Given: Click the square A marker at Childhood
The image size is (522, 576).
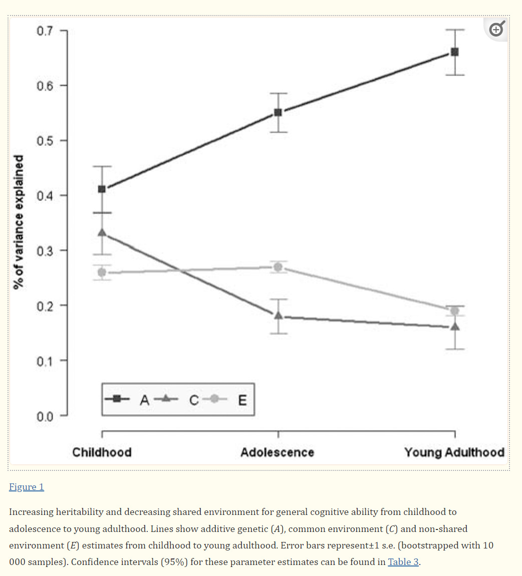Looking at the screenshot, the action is pos(102,189).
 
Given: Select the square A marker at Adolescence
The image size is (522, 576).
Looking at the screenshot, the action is pos(278,113).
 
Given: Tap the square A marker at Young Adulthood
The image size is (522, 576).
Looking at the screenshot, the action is pos(455,52).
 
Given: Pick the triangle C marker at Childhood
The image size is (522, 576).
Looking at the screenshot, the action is pos(102,232).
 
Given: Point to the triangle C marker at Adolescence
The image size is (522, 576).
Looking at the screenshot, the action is pos(279,315).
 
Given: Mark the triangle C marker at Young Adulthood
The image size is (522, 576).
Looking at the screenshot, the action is pos(455,326).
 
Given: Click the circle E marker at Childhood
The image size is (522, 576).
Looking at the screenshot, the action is pos(102,272).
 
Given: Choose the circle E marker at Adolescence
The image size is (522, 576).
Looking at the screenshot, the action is pos(278,267).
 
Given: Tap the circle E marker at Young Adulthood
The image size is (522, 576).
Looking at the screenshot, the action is pos(455,311).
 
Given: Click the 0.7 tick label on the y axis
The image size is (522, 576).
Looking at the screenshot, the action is pos(45,31).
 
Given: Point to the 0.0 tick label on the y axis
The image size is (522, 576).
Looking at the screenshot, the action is pos(45,416).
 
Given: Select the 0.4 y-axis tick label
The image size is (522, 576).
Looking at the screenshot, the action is pos(45,196).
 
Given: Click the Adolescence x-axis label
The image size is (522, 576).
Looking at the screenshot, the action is pos(278,452).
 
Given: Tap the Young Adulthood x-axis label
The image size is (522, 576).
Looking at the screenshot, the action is pos(454,452).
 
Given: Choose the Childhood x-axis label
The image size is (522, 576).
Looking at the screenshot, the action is pos(102,452).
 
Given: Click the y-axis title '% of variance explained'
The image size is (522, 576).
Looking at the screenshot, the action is pos(19,222).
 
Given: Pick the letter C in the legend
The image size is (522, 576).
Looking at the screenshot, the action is pos(194,400).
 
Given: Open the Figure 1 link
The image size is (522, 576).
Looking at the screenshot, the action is pos(27,487).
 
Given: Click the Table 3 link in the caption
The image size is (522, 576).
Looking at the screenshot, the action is pos(403,561).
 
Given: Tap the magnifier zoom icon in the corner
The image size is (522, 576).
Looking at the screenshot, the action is pos(497,29).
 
